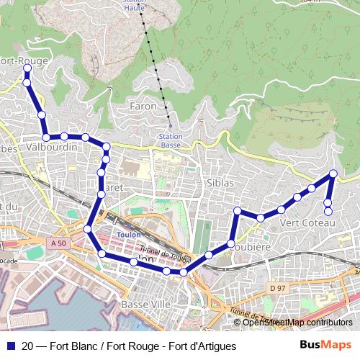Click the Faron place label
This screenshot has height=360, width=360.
click(142, 107)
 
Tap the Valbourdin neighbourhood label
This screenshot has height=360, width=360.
click(50, 148)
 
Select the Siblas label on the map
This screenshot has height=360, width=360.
click(220, 183)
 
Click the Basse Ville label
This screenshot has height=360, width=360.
click(146, 305)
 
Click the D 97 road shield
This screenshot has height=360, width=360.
click(277, 287)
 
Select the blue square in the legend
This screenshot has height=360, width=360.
click(9, 346)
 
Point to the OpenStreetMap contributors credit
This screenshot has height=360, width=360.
click(297, 323)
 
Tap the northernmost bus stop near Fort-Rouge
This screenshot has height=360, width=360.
click(27, 69)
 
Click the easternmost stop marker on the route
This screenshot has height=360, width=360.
click(333, 174)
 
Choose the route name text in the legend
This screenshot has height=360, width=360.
click(130, 346)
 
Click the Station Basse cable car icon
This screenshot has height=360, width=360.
click(171, 126)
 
